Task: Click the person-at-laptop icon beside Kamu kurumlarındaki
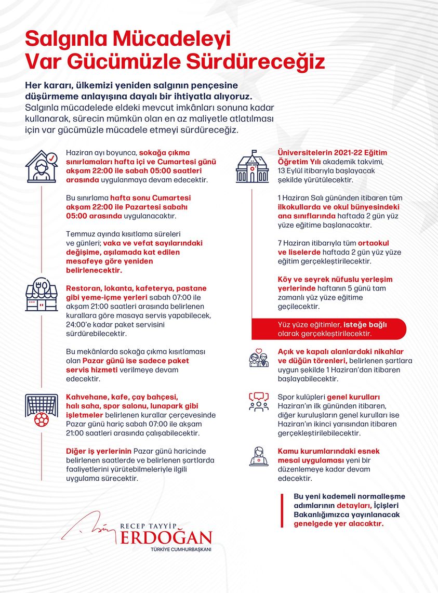(x=259, y=456)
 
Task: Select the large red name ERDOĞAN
(x=166, y=537)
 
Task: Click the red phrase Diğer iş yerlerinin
(x=98, y=451)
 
